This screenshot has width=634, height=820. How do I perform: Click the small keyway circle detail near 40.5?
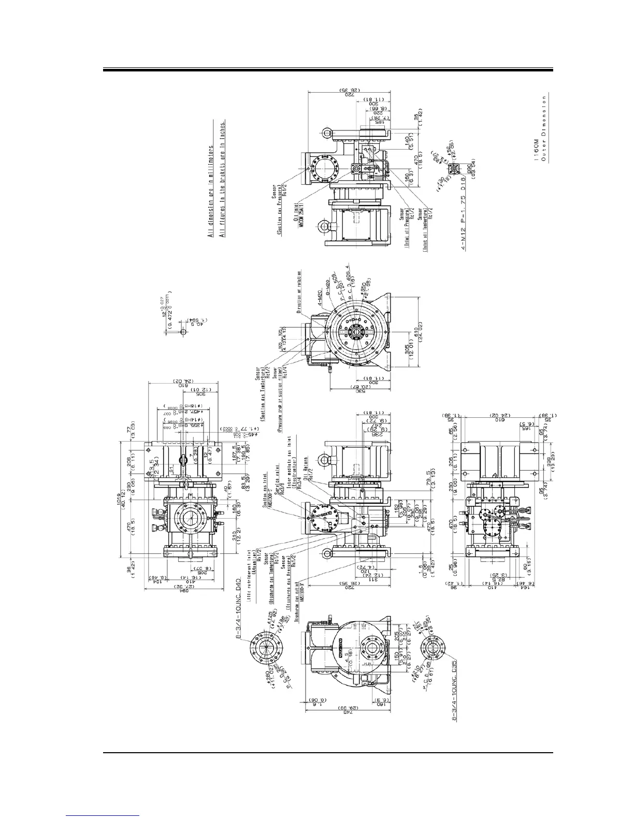(x=182, y=331)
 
